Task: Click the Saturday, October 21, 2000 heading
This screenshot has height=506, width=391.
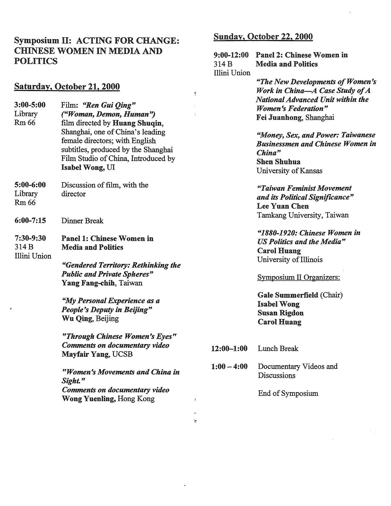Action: click(x=67, y=87)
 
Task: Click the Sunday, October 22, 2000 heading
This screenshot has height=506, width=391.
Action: click(x=263, y=36)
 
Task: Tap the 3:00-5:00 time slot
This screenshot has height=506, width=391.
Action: click(x=30, y=105)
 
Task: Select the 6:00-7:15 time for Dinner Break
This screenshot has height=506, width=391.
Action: click(x=30, y=221)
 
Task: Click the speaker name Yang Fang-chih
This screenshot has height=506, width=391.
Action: click(x=88, y=283)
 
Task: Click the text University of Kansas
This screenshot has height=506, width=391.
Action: click(x=289, y=170)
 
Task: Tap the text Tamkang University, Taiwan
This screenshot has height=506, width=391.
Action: click(x=303, y=215)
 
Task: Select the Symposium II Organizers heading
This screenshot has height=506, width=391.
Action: click(x=298, y=277)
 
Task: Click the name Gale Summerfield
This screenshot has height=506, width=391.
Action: click(x=288, y=295)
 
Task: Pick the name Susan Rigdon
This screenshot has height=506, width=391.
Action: click(x=281, y=313)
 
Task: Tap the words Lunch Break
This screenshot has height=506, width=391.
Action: click(x=278, y=349)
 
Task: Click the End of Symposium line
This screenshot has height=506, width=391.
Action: click(x=288, y=393)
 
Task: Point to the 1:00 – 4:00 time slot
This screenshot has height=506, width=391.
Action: click(x=229, y=367)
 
